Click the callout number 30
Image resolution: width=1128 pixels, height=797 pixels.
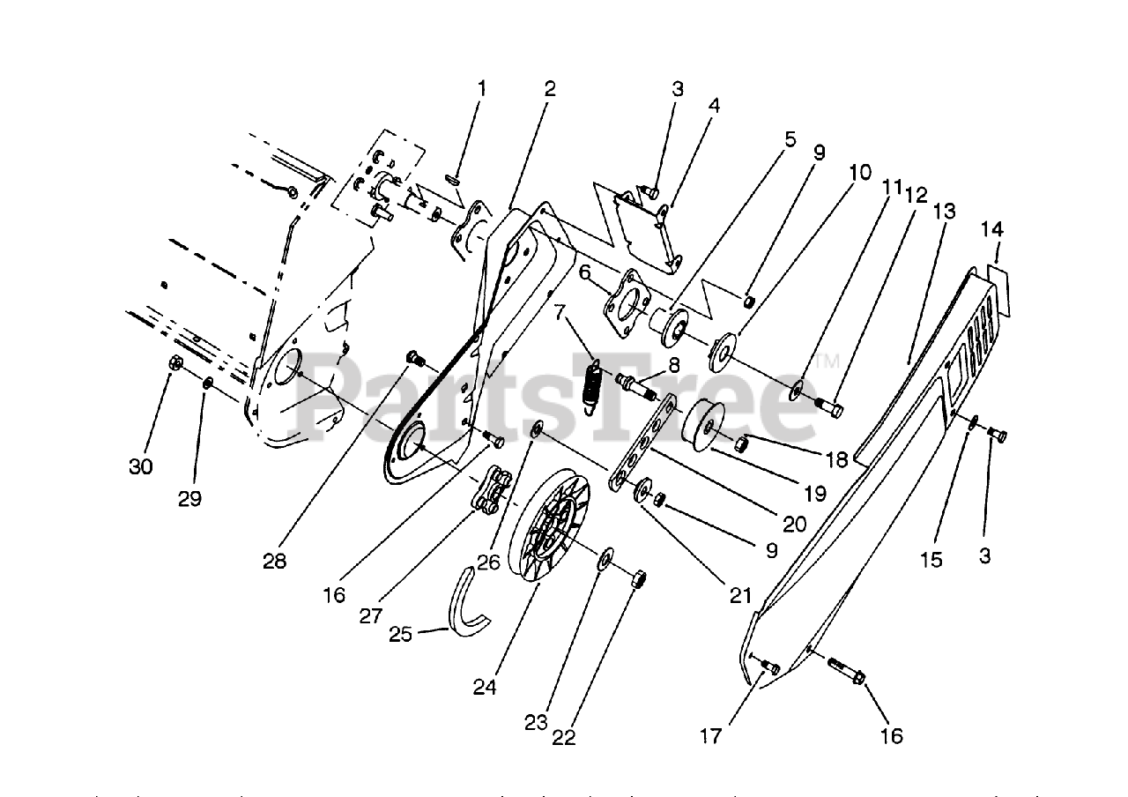tap(141, 466)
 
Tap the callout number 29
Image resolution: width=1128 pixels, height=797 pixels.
tap(189, 498)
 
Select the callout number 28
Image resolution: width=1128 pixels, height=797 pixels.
tap(274, 561)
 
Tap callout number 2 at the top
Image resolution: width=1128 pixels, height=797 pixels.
tap(550, 89)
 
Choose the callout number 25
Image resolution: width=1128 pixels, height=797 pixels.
tap(401, 634)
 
